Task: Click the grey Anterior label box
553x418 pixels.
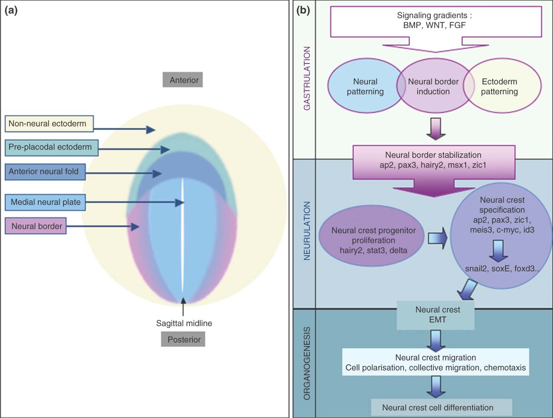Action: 183,80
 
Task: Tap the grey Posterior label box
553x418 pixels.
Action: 183,339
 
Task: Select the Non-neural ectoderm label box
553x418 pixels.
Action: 49,124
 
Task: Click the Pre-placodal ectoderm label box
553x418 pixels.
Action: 52,147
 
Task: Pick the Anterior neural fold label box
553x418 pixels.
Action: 45,172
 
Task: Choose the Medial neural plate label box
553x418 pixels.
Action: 46,202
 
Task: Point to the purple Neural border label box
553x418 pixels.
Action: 36,226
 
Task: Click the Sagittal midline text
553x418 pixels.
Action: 184,323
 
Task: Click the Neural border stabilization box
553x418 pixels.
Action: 433,161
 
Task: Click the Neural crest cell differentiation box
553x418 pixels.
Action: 441,407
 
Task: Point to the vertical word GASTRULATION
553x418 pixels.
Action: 307,78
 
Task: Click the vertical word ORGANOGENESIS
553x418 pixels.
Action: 307,363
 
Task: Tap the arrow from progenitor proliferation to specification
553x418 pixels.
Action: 437,238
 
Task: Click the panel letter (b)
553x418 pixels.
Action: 303,10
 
